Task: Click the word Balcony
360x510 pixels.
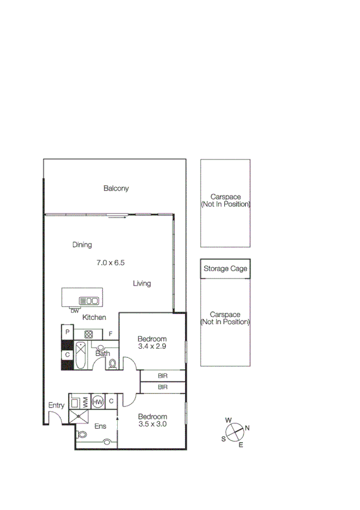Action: pos(116,188)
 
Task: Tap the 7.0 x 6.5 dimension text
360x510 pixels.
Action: pos(110,263)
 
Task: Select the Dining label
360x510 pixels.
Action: pos(82,245)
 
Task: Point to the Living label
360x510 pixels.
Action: pos(142,283)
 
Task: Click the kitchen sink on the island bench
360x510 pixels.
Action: pos(89,301)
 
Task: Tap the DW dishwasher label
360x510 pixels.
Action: pos(74,311)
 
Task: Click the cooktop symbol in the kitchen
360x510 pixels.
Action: pos(88,334)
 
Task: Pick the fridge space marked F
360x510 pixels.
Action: pos(111,334)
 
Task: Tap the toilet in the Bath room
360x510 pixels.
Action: pos(112,363)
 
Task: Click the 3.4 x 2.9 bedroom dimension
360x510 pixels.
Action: pos(151,346)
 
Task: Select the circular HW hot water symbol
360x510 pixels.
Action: pos(98,401)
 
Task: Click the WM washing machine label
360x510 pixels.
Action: pos(85,401)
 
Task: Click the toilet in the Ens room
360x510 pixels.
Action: pos(82,434)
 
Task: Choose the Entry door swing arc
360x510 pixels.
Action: pos(54,419)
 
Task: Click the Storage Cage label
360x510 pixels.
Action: pos(225,269)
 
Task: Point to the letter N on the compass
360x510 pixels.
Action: pos(247,428)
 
